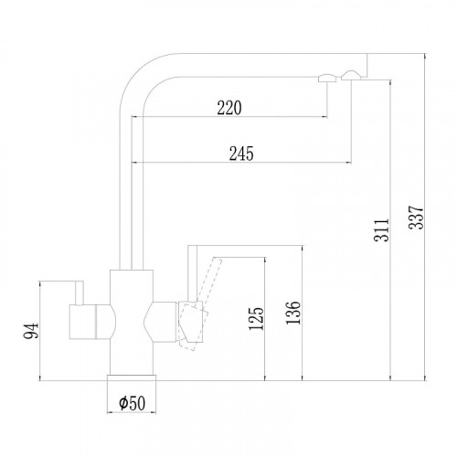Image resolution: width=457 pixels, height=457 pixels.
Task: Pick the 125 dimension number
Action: click(x=255, y=319)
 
